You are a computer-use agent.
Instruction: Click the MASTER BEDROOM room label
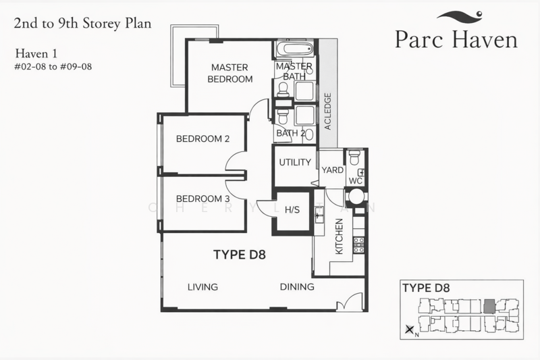(230, 73)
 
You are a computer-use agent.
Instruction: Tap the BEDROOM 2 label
(202, 139)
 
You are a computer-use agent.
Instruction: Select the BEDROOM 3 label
(202, 199)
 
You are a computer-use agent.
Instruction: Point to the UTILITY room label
(295, 163)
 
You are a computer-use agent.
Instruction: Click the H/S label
(292, 210)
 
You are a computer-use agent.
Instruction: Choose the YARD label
(332, 170)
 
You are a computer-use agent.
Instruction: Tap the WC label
(355, 182)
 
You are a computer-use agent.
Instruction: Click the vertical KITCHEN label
(340, 237)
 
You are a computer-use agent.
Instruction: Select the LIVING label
(202, 287)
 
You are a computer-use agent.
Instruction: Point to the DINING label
(297, 287)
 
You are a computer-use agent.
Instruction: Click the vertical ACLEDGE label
(327, 111)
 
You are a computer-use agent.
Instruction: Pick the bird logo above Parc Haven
(460, 16)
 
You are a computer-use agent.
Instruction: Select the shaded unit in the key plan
(489, 305)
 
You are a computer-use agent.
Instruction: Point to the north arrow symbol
(409, 330)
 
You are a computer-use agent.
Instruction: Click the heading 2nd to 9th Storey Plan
(82, 24)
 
